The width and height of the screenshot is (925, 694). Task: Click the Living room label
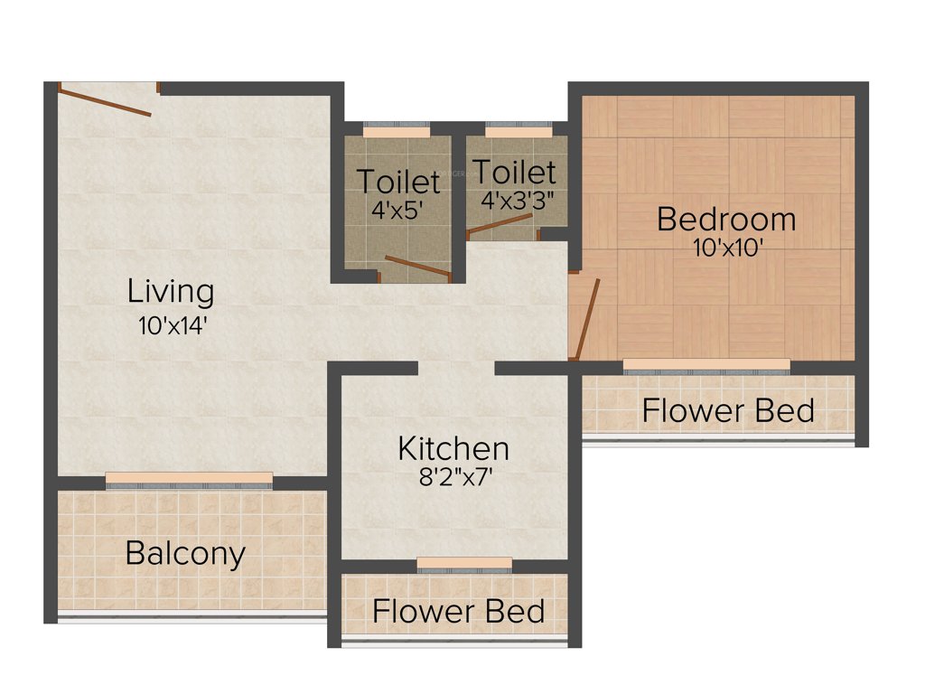(171, 292)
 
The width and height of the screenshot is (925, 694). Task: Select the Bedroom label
(726, 219)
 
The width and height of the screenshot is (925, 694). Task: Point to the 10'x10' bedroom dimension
(729, 248)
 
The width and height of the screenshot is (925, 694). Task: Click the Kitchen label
(453, 448)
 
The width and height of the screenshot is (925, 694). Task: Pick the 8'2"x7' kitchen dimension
(453, 478)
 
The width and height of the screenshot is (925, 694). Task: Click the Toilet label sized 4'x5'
(398, 182)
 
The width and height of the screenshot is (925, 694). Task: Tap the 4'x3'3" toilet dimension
(518, 201)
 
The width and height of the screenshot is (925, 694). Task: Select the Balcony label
(185, 552)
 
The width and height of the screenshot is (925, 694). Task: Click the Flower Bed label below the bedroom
(728, 410)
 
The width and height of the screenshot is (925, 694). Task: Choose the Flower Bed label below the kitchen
(458, 611)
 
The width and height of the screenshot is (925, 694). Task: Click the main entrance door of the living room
(106, 100)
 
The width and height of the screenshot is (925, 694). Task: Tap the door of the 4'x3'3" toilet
(499, 224)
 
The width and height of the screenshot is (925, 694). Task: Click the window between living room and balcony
(189, 478)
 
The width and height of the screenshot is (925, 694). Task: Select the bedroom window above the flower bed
(706, 365)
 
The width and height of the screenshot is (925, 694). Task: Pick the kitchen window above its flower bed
(464, 564)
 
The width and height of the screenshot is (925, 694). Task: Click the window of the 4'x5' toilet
(397, 131)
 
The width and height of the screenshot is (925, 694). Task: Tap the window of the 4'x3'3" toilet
(518, 131)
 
